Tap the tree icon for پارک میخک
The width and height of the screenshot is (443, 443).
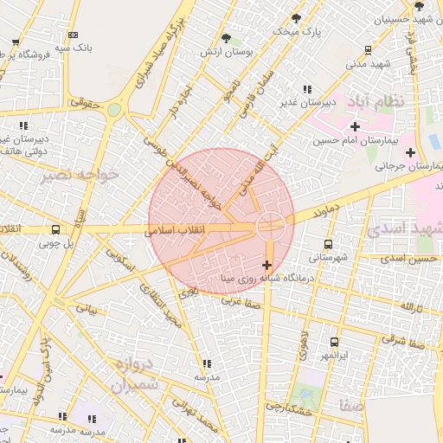(297, 18)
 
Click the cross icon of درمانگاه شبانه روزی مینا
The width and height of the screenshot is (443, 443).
(266, 265)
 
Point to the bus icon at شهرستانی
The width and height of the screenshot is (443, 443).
(327, 244)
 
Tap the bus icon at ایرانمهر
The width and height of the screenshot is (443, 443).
(334, 343)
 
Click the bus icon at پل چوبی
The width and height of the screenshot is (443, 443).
(56, 230)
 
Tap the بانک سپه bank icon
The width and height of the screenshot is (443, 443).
(73, 35)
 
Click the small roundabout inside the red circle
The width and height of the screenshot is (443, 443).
(270, 225)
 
